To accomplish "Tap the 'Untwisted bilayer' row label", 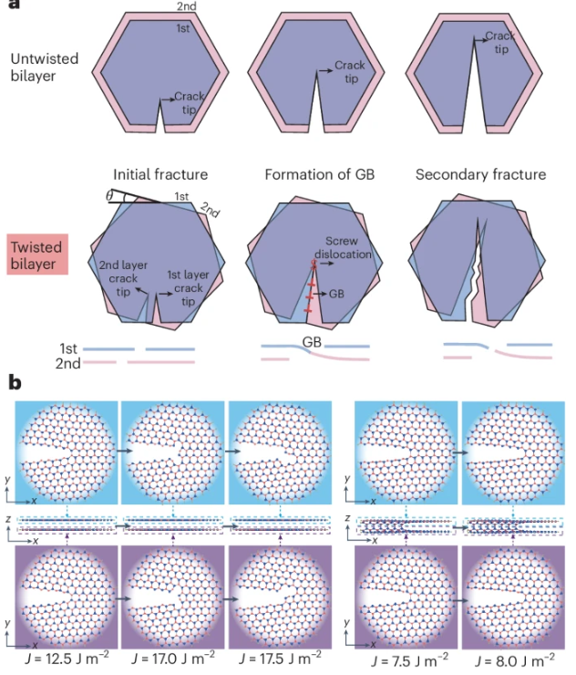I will pos(45,67).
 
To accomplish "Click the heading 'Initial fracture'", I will pos(160,174).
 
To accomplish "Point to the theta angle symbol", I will pos(111,193).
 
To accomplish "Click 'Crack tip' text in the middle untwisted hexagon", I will pos(349,71).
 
